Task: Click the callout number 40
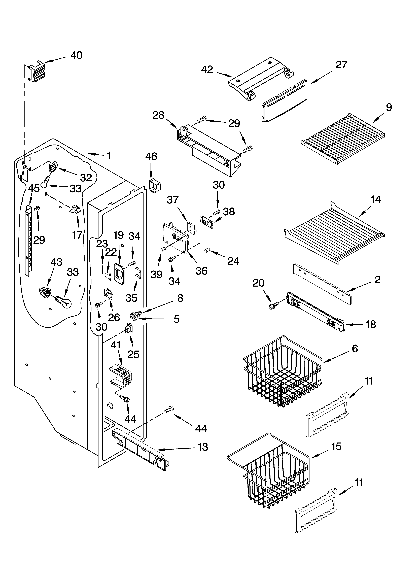click(76, 55)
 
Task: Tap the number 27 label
click(341, 65)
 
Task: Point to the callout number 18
click(371, 325)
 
